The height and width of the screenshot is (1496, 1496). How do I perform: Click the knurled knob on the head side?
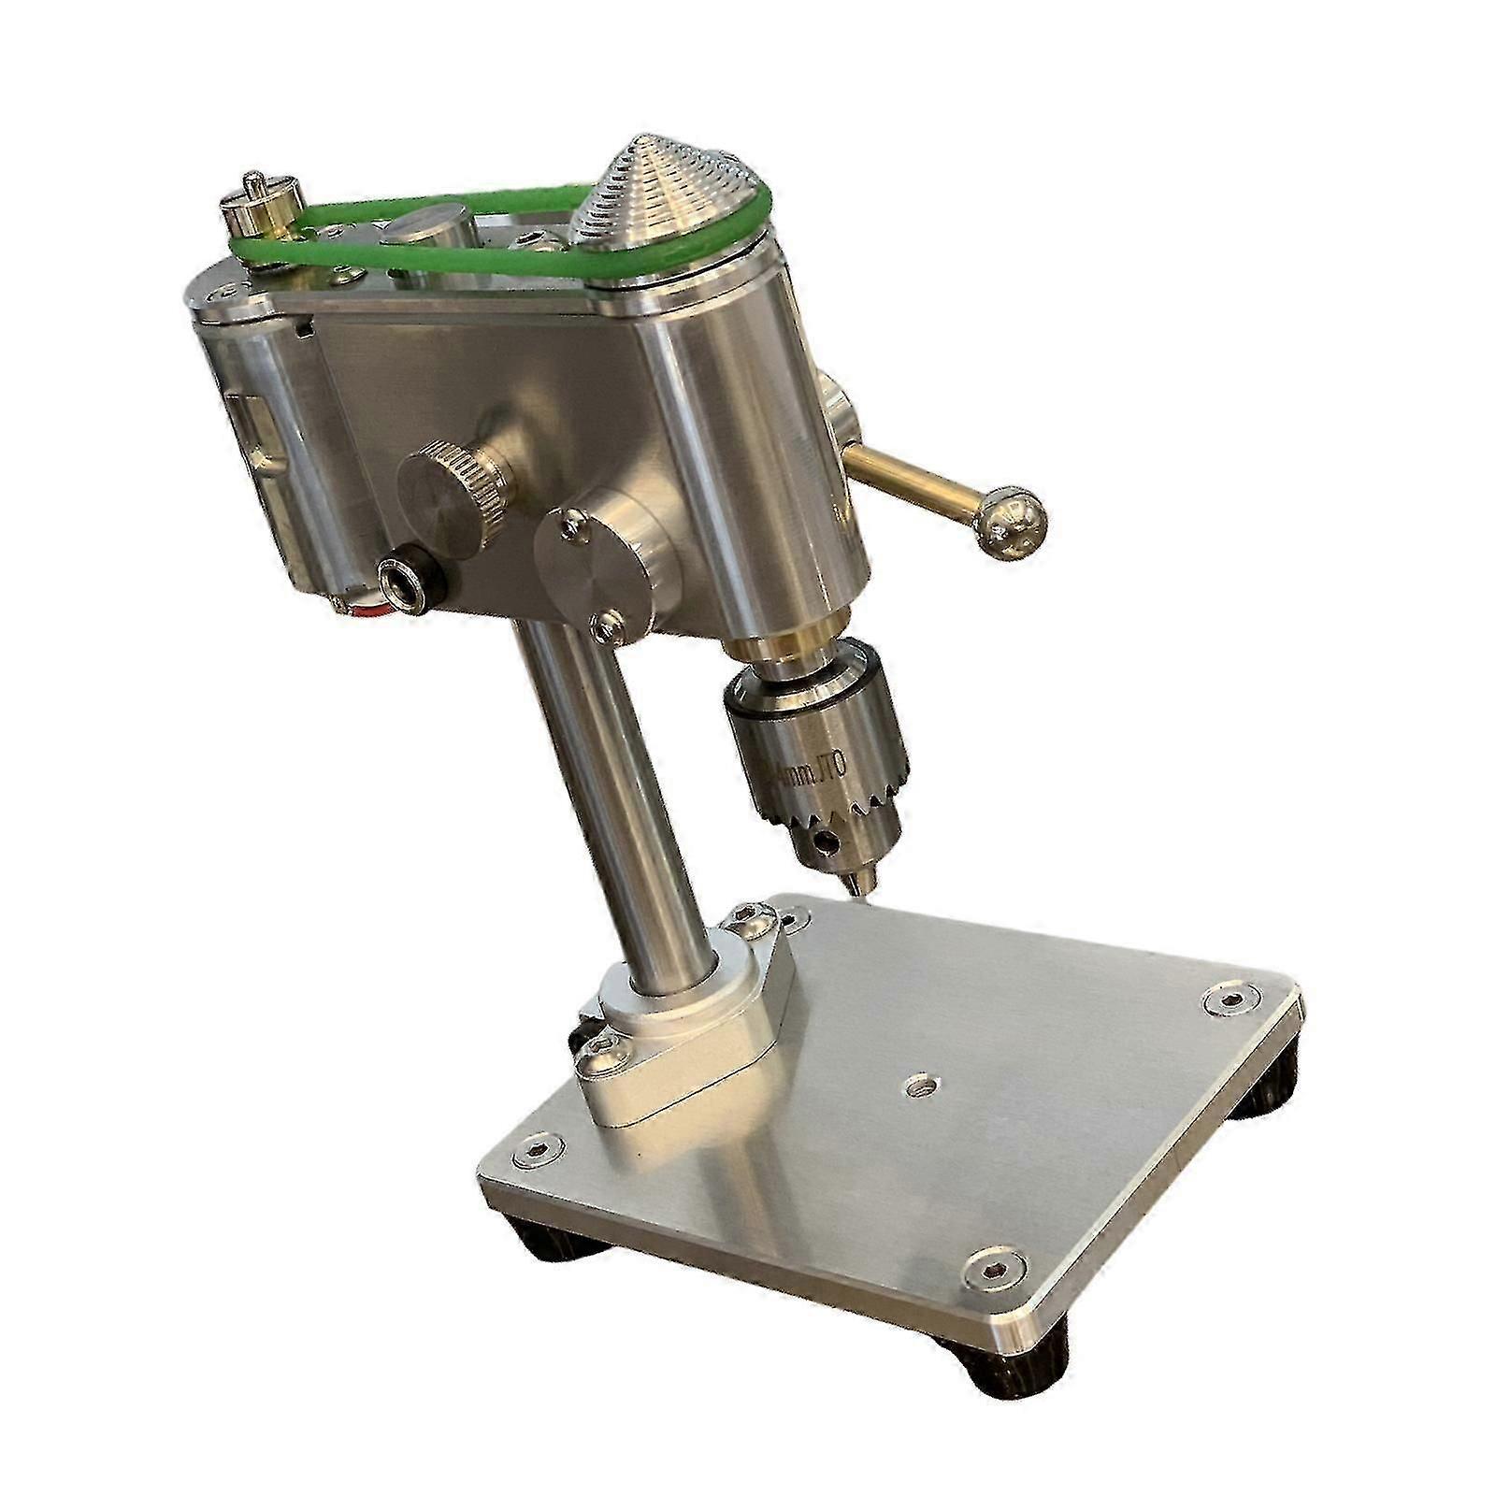(453, 487)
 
